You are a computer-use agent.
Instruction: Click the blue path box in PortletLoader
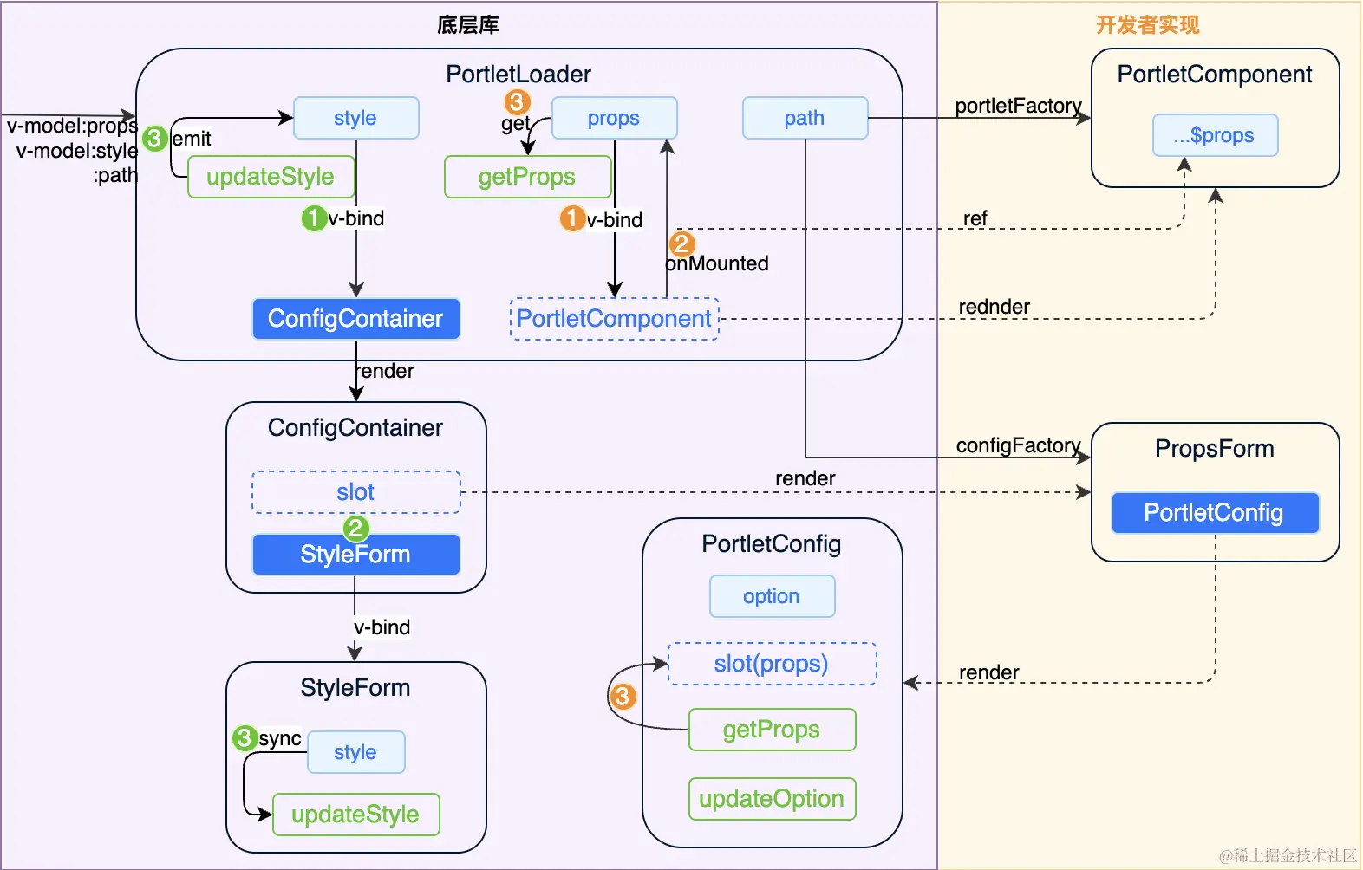click(x=805, y=118)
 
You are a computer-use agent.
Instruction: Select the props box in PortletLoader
click(x=614, y=118)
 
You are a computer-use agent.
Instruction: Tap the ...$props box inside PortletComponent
click(x=1215, y=135)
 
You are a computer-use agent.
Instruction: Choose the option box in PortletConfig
click(x=772, y=596)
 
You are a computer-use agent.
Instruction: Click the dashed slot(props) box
click(x=772, y=664)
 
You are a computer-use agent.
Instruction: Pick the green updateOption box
click(x=772, y=799)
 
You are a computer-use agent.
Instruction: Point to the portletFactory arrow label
click(x=1018, y=106)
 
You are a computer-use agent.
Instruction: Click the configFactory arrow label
click(x=1018, y=445)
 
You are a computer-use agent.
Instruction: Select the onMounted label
click(x=717, y=263)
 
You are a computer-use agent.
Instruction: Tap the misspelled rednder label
click(x=994, y=307)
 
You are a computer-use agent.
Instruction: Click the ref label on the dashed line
click(x=975, y=218)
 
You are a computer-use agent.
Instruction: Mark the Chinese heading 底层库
click(x=468, y=25)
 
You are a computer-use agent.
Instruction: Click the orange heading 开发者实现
click(x=1147, y=25)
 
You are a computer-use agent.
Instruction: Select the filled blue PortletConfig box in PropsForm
click(x=1215, y=513)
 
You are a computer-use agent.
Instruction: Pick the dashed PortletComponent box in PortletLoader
click(x=614, y=319)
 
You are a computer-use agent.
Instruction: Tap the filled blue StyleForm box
click(x=355, y=555)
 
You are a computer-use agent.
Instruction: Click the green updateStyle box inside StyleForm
click(x=355, y=815)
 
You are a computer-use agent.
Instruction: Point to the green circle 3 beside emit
click(x=154, y=138)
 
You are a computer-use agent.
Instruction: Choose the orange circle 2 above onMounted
click(x=681, y=243)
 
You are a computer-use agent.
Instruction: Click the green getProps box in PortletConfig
click(x=772, y=730)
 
